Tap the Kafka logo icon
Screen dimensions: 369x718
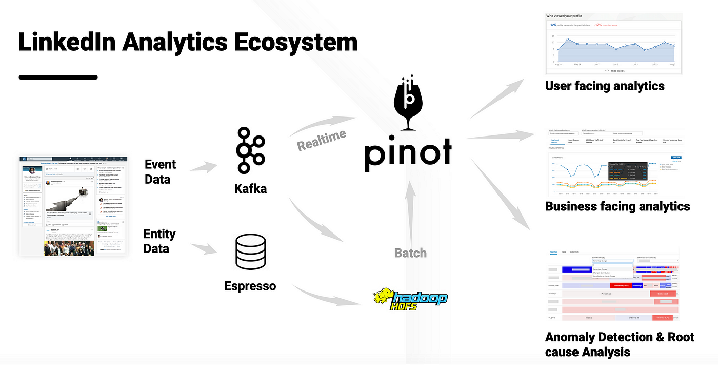(x=250, y=151)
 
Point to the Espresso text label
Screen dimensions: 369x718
(x=250, y=285)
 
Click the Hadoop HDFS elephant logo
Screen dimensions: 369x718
(x=410, y=299)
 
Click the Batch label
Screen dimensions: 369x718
(x=410, y=253)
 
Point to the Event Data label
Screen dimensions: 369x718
(x=160, y=171)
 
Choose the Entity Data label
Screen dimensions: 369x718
(x=159, y=241)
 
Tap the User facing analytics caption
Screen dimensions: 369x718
(x=605, y=86)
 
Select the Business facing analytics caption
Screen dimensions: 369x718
(x=617, y=206)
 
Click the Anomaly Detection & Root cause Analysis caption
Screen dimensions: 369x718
(x=620, y=344)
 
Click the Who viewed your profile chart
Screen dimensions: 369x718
(x=613, y=44)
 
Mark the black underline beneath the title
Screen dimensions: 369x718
(x=58, y=77)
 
